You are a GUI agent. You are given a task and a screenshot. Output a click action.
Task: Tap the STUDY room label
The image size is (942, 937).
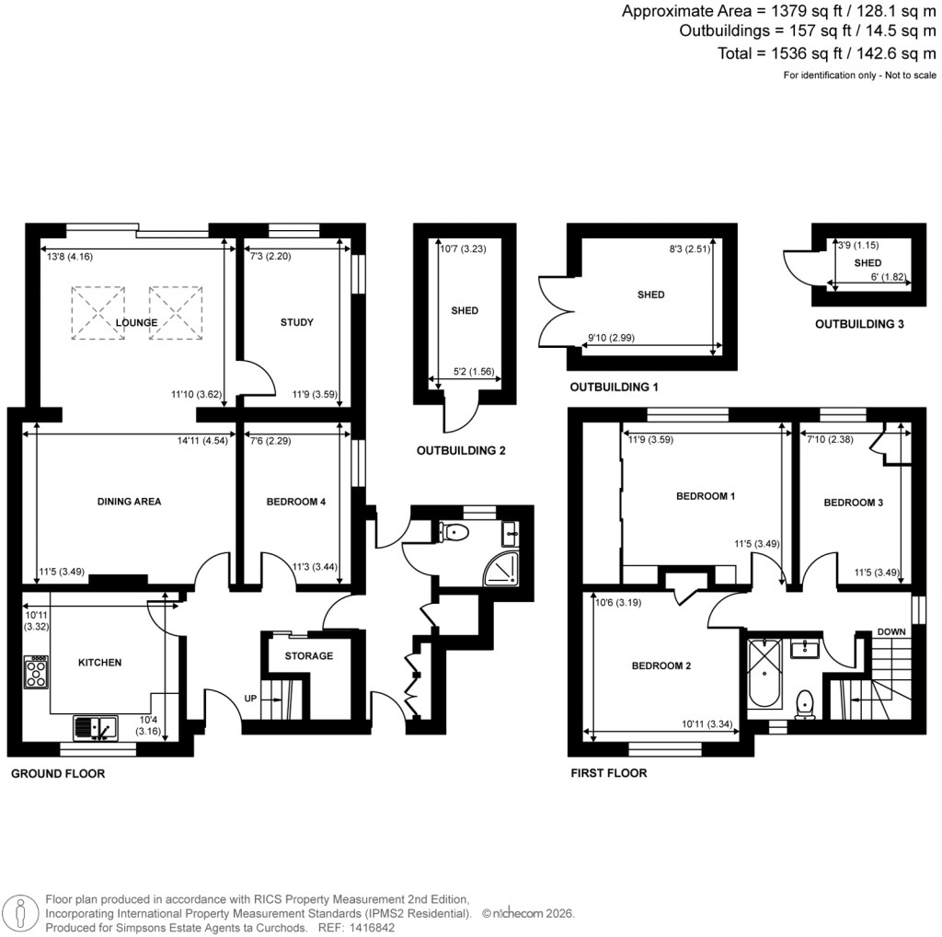(x=296, y=322)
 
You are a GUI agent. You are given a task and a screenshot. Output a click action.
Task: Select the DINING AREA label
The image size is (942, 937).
(x=129, y=502)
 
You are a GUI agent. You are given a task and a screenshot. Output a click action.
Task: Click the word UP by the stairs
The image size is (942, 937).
(x=250, y=699)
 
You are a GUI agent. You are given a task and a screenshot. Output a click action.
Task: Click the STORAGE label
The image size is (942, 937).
(x=308, y=655)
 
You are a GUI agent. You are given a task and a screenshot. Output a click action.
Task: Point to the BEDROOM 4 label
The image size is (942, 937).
(x=295, y=502)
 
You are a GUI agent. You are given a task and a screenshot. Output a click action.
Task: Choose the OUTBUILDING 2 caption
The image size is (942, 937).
(x=462, y=451)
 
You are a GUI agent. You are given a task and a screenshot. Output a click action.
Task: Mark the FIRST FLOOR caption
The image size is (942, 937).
(x=608, y=773)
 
